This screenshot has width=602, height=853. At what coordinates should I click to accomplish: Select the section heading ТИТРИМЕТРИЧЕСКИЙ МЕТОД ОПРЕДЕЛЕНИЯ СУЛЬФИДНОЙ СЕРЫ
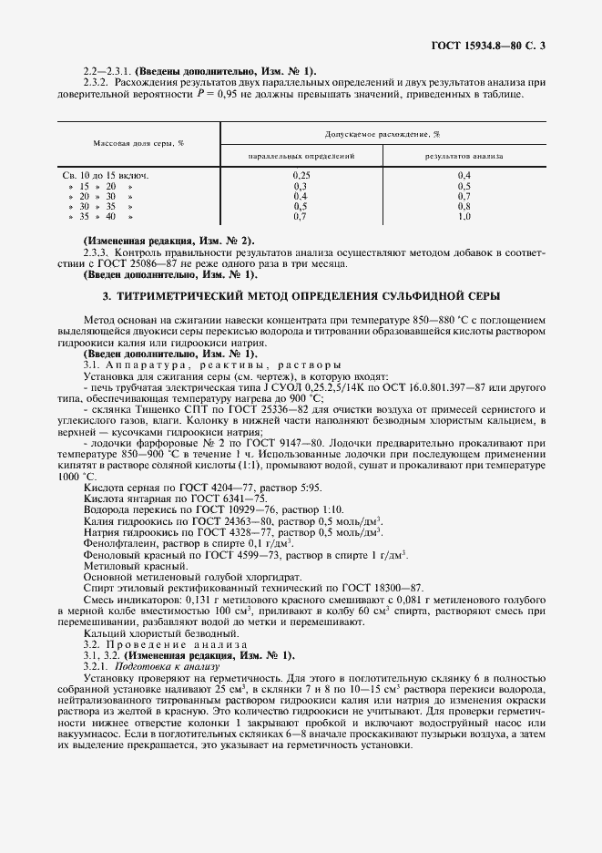(x=301, y=297)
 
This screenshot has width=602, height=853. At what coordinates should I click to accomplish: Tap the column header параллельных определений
(x=300, y=156)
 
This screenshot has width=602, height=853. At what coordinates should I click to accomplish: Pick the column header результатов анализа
(x=464, y=156)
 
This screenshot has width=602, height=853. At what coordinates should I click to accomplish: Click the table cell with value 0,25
(x=301, y=174)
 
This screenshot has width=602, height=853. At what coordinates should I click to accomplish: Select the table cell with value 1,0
(x=464, y=218)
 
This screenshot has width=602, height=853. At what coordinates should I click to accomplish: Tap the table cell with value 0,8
(x=464, y=207)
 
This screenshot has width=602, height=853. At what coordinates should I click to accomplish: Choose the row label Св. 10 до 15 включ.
(x=105, y=174)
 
